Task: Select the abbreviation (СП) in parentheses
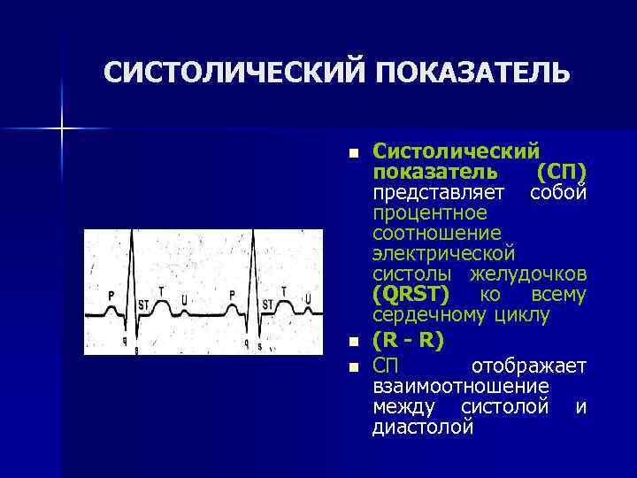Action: click(562, 169)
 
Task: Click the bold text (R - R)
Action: click(406, 341)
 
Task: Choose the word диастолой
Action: click(423, 428)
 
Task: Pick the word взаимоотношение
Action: click(460, 387)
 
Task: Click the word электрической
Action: click(434, 253)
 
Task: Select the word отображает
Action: click(528, 366)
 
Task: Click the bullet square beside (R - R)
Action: click(354, 342)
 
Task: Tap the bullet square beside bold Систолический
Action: click(354, 152)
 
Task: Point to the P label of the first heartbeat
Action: click(111, 295)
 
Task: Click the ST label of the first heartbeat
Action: click(143, 305)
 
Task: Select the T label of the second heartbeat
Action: click(283, 290)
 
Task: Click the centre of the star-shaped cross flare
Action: click(62, 129)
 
